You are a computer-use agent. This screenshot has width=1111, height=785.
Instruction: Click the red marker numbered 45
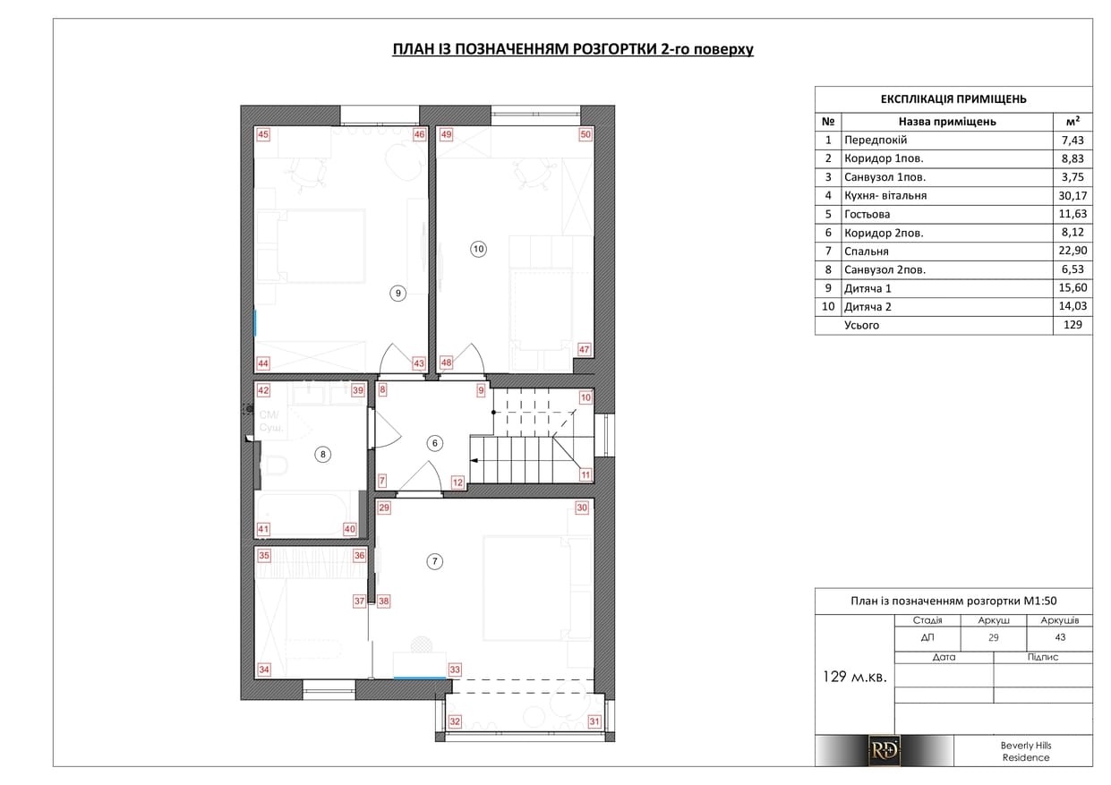263,134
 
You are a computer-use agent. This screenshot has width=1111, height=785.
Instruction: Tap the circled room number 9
397,294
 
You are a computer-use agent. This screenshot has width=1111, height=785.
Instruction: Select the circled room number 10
478,249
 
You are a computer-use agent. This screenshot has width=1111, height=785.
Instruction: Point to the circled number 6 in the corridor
435,443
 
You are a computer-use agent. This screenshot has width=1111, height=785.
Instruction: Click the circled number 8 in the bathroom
323,454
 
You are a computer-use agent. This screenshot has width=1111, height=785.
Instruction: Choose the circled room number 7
435,561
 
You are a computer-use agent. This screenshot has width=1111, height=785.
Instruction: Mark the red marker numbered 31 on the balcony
594,721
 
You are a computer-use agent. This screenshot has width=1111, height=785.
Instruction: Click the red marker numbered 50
585,134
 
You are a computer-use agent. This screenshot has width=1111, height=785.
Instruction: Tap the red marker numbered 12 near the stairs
457,482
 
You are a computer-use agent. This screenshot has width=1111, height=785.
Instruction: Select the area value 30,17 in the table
1073,196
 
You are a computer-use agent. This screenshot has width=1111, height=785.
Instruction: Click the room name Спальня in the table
867,252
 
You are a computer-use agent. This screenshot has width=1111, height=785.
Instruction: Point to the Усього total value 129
1073,325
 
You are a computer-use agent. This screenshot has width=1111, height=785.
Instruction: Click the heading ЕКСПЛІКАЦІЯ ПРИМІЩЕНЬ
953,99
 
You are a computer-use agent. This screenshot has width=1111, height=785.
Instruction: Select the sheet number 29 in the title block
994,637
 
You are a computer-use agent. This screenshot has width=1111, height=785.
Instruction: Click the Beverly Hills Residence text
1026,751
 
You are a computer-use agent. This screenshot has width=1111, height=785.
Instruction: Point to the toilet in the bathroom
272,466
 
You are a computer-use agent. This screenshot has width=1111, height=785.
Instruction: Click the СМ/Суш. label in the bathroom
271,421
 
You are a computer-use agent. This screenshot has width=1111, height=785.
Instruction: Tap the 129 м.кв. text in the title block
855,677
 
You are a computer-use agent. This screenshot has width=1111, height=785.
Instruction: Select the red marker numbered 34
264,670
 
